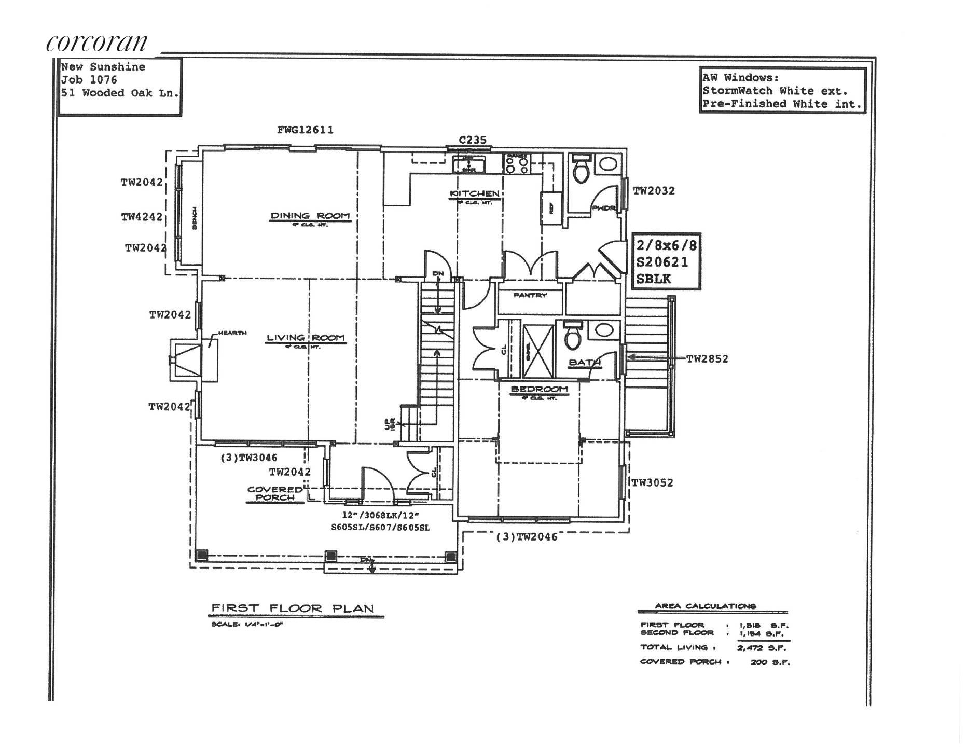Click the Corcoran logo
coord(97,43)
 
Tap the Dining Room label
coord(310,216)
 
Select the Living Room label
coord(306,338)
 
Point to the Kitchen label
coord(474,193)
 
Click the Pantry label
coord(530,295)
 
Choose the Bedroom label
coord(540,389)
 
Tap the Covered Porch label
coord(274,493)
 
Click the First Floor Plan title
coord(292,608)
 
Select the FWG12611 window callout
coord(305,130)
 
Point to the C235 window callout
coord(472,140)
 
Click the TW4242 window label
coord(142,217)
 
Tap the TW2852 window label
coord(707,358)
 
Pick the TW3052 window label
coord(652,482)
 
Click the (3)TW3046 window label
coord(249,458)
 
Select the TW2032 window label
coord(654,191)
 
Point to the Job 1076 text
coord(89,80)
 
